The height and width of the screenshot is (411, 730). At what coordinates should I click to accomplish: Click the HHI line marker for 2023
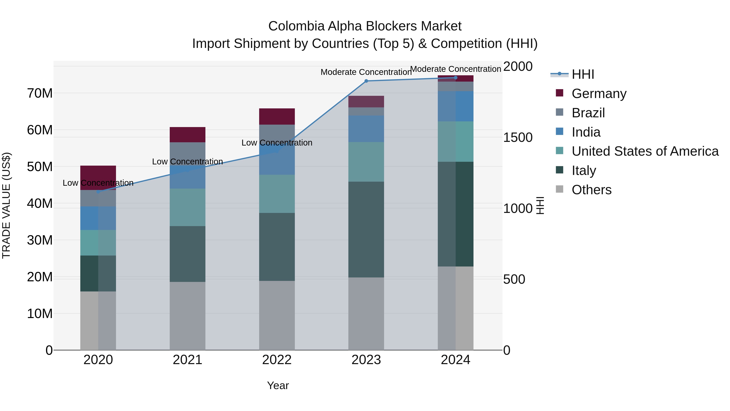tap(366, 81)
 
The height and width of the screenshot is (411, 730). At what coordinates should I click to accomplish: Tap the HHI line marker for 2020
tap(98, 192)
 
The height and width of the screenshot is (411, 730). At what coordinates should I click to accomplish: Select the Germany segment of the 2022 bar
tap(277, 117)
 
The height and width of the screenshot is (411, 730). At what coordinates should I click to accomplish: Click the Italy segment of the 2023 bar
tap(366, 230)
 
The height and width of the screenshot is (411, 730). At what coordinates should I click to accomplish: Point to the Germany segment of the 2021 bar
tap(187, 135)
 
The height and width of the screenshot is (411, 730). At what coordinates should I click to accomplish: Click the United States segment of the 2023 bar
tap(366, 162)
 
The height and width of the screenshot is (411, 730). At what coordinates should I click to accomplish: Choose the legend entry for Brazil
tap(588, 113)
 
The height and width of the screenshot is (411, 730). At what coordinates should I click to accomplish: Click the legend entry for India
tap(586, 132)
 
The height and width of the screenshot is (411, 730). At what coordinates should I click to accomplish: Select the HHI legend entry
tap(583, 74)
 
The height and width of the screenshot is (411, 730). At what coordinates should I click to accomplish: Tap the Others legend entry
tap(592, 190)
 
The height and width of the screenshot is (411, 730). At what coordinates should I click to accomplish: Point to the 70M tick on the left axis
tap(40, 93)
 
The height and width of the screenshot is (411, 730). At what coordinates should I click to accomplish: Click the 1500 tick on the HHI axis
tap(518, 138)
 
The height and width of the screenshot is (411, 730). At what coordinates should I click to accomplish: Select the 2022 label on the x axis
tap(277, 360)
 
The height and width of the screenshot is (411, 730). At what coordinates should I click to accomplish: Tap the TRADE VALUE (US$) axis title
tap(6, 205)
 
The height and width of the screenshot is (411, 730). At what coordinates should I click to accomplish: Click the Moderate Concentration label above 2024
tap(455, 69)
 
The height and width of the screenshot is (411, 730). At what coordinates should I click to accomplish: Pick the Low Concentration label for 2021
tap(187, 161)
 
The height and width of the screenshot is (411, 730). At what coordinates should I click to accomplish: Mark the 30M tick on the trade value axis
tap(40, 240)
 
